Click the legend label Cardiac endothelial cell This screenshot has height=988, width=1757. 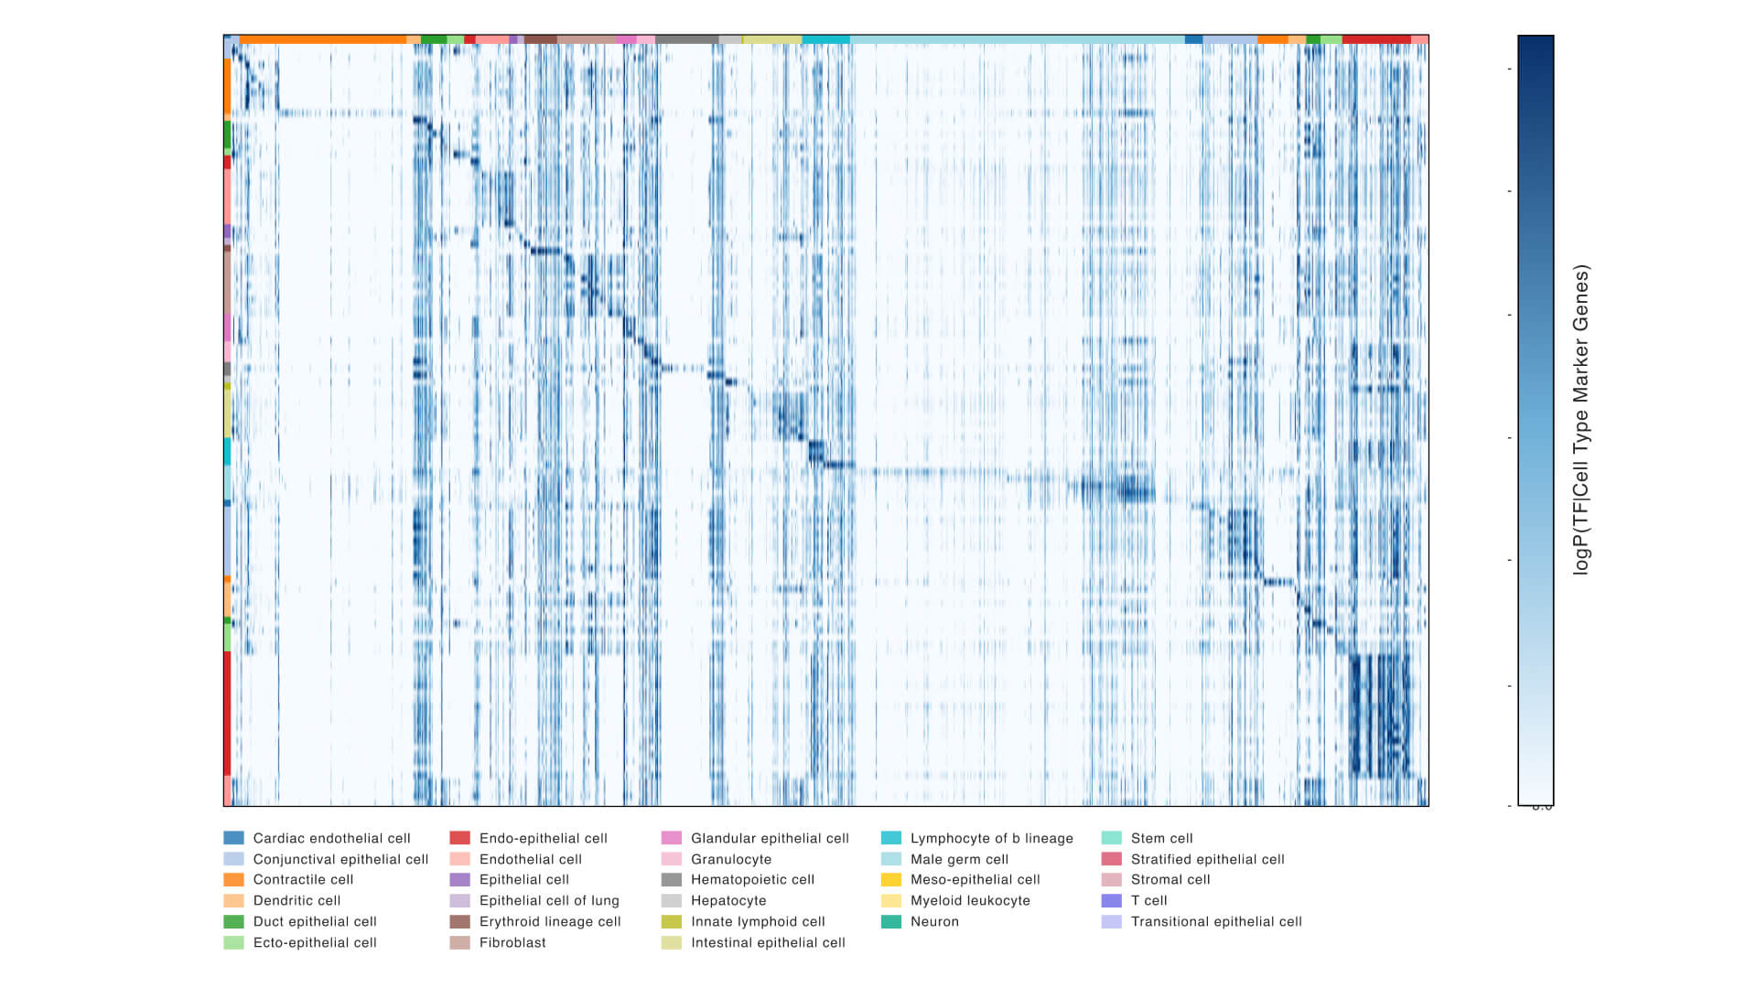coord(331,838)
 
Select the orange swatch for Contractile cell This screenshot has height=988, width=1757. coord(233,879)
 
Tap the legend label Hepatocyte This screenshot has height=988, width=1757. coord(728,900)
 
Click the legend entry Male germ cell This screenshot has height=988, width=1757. coord(959,859)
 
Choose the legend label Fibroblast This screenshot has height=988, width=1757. coord(512,942)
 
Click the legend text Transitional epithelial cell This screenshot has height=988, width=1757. coord(1216,921)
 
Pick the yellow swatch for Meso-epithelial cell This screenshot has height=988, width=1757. coord(891,879)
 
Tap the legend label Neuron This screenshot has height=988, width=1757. coord(934,921)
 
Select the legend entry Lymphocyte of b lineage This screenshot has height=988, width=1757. coord(991,838)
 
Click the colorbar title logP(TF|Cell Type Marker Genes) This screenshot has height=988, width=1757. coord(1581,420)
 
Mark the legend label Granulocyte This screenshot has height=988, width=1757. coord(731,859)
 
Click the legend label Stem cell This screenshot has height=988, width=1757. coord(1161,838)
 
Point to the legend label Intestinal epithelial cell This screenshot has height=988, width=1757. coord(768,942)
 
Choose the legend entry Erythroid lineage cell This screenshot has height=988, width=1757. coord(550,921)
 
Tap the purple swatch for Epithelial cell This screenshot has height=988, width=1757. coord(460,879)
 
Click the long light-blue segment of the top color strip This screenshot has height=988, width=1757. coord(1016,39)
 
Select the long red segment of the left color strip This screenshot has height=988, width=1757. coord(227,713)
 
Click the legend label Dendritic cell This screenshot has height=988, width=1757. coord(296,900)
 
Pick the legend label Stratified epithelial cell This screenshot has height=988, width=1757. coord(1207,859)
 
